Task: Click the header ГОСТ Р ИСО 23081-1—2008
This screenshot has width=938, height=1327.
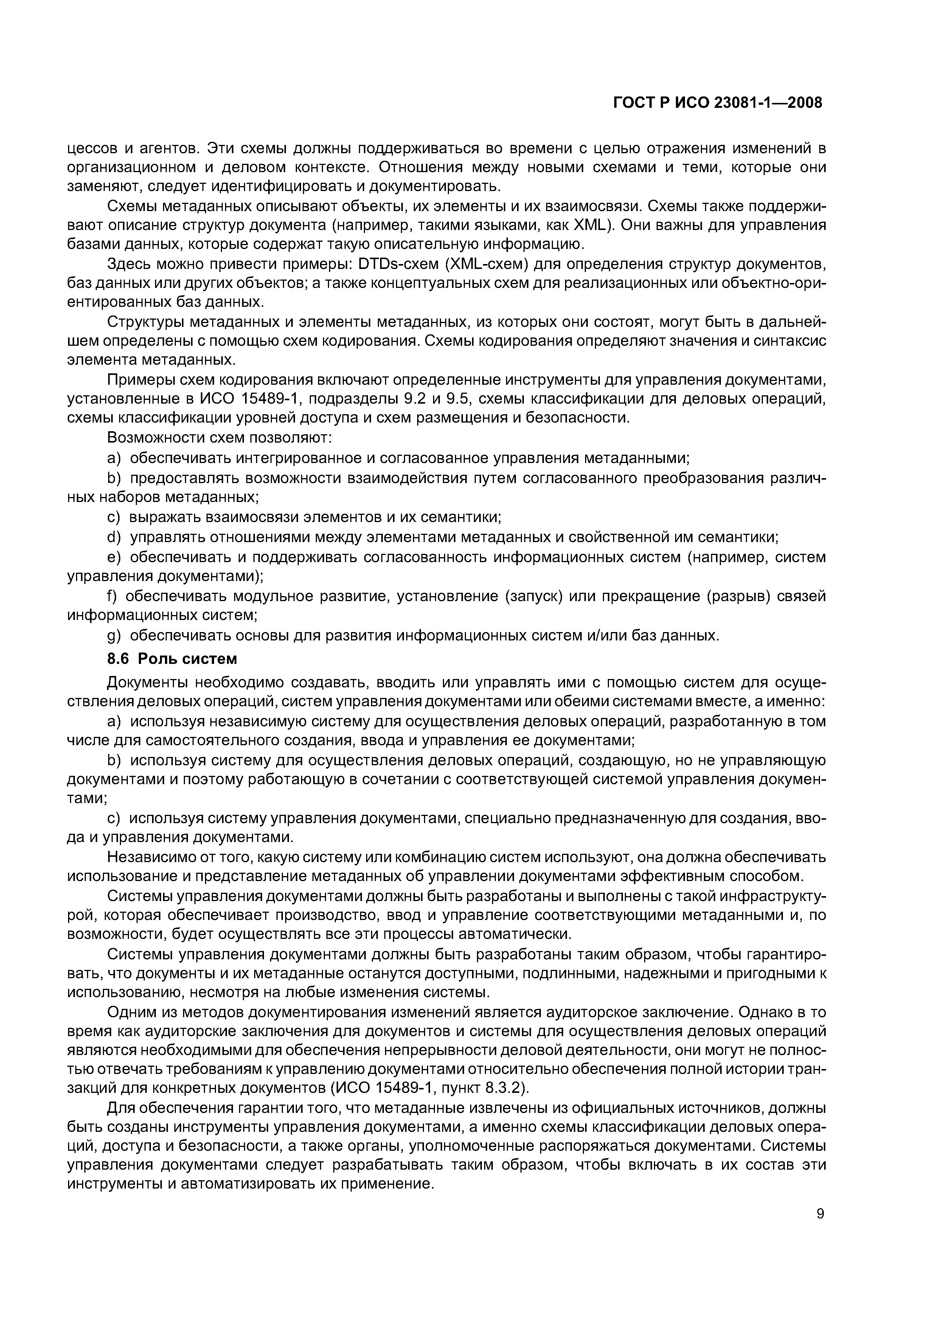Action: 717,103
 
